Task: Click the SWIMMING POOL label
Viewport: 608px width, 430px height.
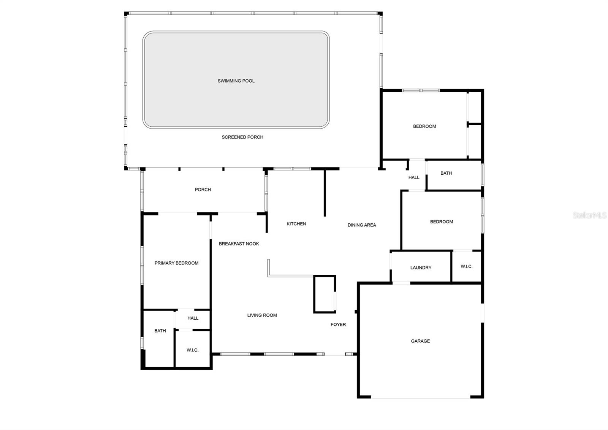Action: (x=236, y=81)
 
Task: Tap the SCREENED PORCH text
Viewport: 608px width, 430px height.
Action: (x=242, y=137)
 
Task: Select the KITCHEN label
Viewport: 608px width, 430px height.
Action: (x=296, y=224)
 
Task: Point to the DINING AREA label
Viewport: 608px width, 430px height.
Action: (x=361, y=225)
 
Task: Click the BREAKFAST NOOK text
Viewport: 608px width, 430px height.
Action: (x=239, y=244)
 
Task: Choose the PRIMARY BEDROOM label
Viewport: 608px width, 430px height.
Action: (x=176, y=263)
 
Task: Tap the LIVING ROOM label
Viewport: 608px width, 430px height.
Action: (x=262, y=315)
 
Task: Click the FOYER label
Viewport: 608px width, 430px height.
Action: (x=338, y=325)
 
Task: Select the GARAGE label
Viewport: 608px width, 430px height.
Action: (x=420, y=341)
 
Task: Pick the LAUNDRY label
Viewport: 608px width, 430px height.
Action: (x=421, y=268)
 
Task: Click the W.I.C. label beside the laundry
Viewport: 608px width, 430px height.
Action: (x=466, y=266)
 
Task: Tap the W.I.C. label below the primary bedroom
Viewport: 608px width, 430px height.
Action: (x=192, y=350)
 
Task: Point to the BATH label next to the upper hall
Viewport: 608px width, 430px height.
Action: (x=446, y=173)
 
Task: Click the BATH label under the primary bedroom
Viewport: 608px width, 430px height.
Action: (x=160, y=331)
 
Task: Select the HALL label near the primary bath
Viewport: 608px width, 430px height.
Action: (x=193, y=318)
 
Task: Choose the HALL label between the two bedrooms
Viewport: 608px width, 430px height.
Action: (x=414, y=177)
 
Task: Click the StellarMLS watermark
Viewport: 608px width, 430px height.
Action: (x=589, y=215)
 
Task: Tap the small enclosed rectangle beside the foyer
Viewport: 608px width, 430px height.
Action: (x=324, y=294)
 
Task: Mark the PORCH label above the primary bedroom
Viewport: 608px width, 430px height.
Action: (x=203, y=190)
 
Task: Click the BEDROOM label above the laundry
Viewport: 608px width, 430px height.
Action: (x=441, y=221)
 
